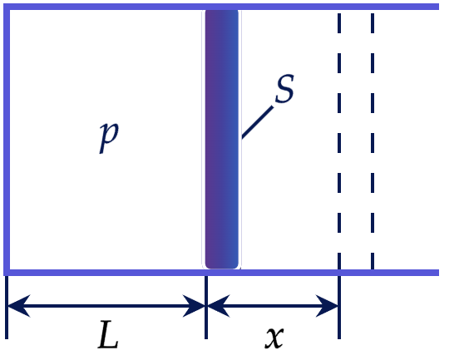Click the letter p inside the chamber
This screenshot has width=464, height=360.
109,137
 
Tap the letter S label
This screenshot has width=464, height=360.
284,88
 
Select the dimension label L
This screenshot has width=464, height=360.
108,334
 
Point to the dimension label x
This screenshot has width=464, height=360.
274,337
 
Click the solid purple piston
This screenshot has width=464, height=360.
222,139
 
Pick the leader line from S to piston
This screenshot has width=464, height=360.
258,122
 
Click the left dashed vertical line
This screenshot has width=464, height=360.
339,141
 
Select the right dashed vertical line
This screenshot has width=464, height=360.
373,141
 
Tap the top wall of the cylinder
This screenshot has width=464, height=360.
221,7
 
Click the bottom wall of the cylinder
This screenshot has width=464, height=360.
221,273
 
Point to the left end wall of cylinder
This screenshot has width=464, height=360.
7,140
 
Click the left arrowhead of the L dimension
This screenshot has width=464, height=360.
18,306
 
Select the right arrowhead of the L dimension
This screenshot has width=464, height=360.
194,306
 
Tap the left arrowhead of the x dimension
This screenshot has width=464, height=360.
219,306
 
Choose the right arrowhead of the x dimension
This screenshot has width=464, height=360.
327,306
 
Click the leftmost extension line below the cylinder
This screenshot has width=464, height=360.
7,308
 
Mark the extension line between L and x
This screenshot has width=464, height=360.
206,308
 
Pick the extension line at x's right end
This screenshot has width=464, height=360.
339,308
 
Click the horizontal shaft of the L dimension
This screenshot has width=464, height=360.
106,306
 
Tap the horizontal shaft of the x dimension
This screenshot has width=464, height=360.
273,306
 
